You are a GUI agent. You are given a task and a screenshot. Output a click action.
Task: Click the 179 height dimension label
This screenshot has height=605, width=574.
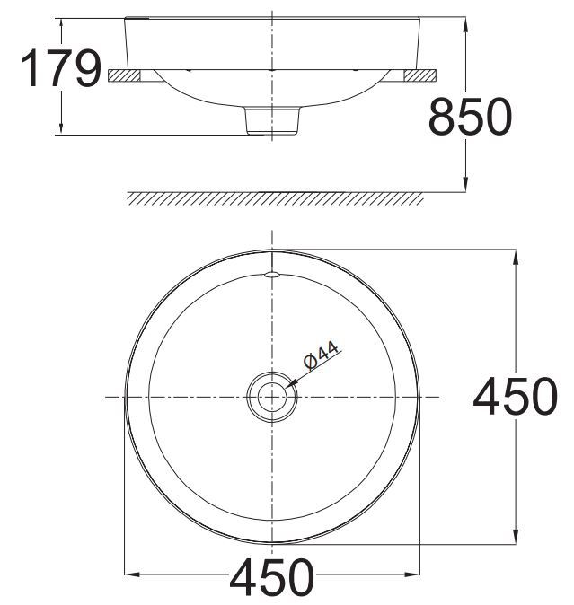pos(60,69)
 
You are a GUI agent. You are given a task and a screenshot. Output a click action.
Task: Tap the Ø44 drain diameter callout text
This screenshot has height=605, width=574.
pos(321,356)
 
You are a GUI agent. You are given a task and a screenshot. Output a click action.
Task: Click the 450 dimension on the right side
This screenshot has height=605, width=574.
pos(516,397)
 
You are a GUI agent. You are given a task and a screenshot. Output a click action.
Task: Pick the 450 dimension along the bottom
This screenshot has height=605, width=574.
pos(272,578)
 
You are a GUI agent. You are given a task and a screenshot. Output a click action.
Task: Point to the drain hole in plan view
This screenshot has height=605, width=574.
pos(271,396)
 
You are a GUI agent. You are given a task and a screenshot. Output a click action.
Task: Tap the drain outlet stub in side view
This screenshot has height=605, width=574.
pos(271,120)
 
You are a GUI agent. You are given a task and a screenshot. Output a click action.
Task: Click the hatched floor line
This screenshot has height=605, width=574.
pos(274,198)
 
